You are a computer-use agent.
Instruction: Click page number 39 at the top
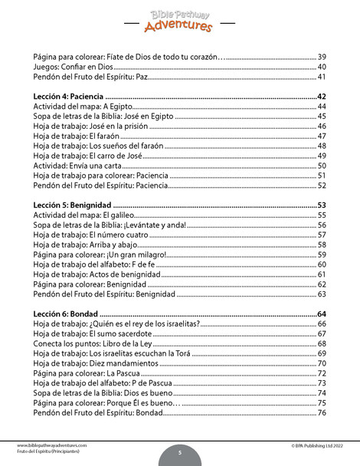pyautogui.click(x=322, y=57)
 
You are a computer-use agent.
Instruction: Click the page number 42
pyautogui.click(x=322, y=96)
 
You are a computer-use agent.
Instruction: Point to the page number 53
pyautogui.click(x=322, y=205)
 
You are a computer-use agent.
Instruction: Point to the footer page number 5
pyautogui.click(x=179, y=452)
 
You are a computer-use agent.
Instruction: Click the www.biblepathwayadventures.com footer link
pyautogui.click(x=50, y=445)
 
